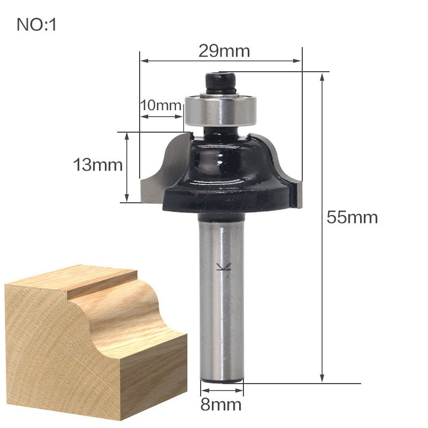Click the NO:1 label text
click(37, 25)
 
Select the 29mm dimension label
click(224, 51)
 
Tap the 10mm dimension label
click(161, 105)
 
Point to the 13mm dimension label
click(98, 165)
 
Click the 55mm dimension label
click(353, 218)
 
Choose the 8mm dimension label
click(221, 404)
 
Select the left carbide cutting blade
click(155, 171)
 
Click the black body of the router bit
click(225, 166)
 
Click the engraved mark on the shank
click(220, 267)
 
